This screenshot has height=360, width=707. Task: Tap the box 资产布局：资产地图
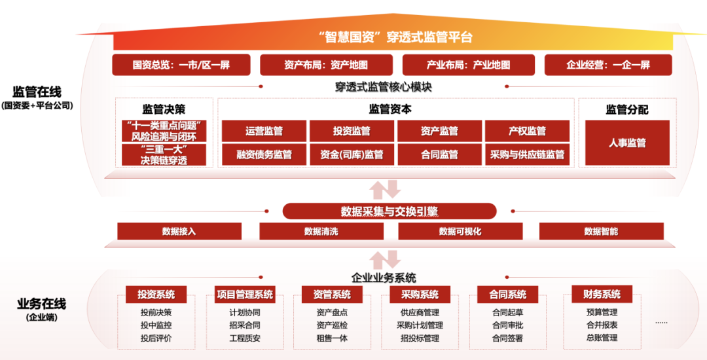(x=326, y=65)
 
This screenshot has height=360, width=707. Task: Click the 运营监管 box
(x=264, y=131)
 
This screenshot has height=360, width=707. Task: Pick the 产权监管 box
(x=527, y=131)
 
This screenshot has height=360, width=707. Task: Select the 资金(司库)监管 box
(x=352, y=155)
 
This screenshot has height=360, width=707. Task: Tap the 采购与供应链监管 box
(x=527, y=155)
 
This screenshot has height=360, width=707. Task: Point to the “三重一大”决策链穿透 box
(x=164, y=155)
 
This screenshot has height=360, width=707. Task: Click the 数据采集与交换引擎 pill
(x=390, y=211)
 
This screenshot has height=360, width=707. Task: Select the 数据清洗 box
(x=321, y=231)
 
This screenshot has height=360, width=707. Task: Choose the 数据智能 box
(x=601, y=231)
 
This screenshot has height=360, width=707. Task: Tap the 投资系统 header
(x=156, y=295)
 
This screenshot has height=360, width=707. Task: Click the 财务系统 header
(x=601, y=295)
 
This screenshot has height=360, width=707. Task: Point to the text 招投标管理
(x=420, y=338)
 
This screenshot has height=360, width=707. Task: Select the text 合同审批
(x=507, y=325)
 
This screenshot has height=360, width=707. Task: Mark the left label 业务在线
(x=42, y=304)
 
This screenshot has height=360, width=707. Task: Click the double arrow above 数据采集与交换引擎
(x=384, y=190)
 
